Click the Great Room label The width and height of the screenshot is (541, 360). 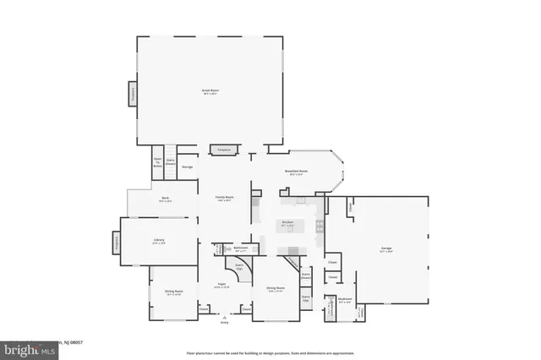210,91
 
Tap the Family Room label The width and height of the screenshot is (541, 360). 224,199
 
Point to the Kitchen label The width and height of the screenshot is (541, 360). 287,224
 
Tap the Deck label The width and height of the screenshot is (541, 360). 166,199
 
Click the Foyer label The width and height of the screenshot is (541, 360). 221,286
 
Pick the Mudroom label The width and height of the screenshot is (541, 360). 345,299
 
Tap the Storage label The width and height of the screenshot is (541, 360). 188,166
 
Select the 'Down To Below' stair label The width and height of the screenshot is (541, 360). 157,162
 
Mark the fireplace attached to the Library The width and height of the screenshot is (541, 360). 116,243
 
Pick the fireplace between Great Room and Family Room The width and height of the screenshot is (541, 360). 224,150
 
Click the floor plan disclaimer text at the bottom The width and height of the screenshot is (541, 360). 270,351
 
